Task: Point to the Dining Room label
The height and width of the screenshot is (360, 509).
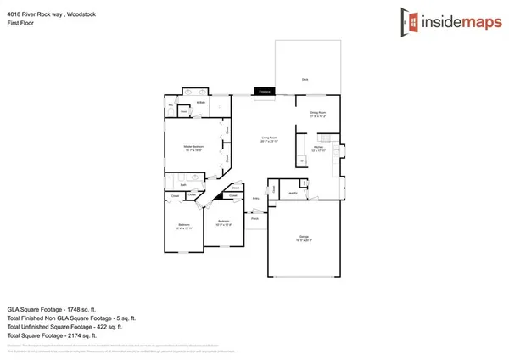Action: coord(317,113)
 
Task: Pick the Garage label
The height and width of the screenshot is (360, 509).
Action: coord(304,236)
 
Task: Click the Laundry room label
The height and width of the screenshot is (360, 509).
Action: coord(291,193)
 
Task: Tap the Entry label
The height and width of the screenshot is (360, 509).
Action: coord(256,198)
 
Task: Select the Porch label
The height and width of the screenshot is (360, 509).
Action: coord(254,219)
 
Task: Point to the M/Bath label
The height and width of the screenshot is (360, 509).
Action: coord(201,103)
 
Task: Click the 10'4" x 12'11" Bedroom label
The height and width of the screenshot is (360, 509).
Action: coord(184,225)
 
